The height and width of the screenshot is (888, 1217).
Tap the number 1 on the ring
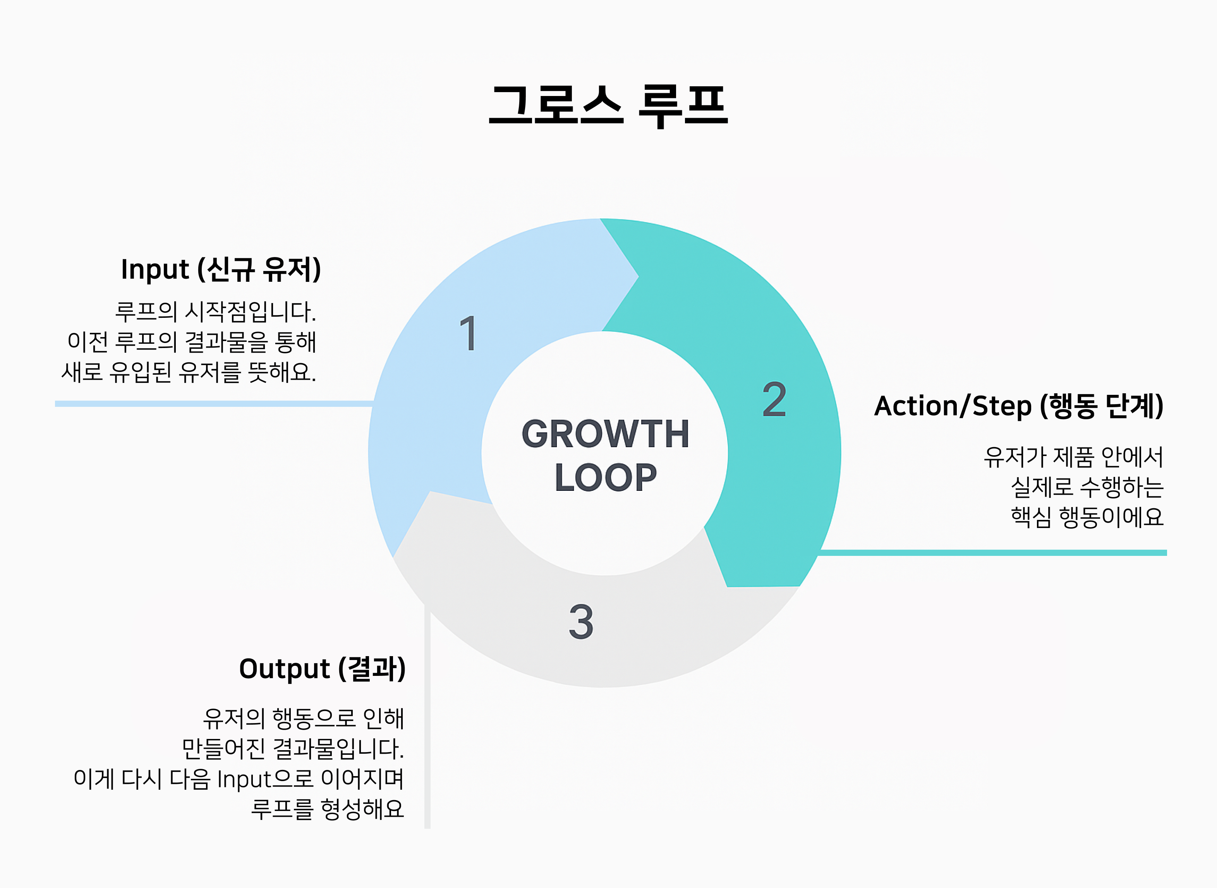[469, 333]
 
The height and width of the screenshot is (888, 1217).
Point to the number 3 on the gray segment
[581, 621]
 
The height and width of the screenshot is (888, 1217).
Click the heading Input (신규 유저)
[221, 269]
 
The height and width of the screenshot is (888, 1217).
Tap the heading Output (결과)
[322, 669]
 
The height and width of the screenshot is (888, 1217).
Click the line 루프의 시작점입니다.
[216, 312]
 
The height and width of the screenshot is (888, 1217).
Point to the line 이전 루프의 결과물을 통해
[192, 342]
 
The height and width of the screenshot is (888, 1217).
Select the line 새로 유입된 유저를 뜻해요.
[189, 372]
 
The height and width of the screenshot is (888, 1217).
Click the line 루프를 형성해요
[327, 809]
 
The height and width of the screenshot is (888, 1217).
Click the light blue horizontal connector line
[215, 404]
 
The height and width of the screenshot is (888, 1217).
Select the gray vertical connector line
[427, 716]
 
